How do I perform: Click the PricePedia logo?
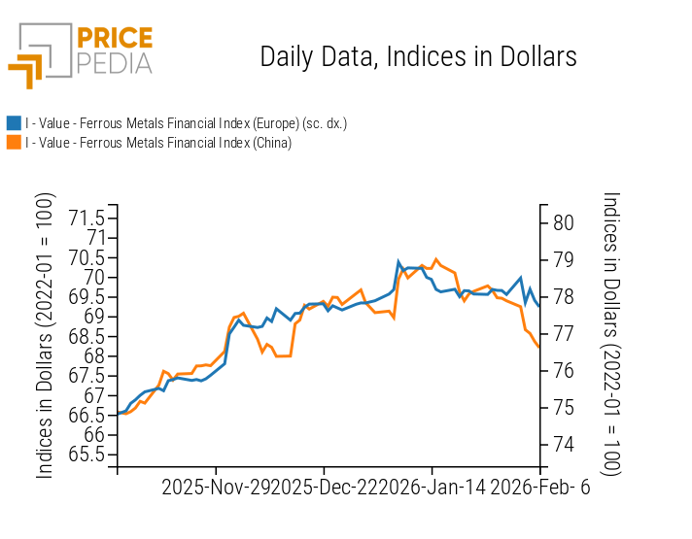click(x=81, y=54)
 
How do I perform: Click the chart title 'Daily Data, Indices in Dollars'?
click(x=418, y=56)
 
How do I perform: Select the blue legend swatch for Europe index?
click(x=14, y=123)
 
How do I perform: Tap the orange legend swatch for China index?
click(x=14, y=143)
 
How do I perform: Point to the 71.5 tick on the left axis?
click(x=87, y=217)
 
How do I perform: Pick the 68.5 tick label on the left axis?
click(x=87, y=336)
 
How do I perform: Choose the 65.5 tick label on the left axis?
click(x=87, y=455)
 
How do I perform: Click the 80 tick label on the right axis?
click(x=563, y=222)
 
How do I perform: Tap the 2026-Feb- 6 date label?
click(x=539, y=488)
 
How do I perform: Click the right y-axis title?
click(x=610, y=332)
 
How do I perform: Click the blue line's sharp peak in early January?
click(x=398, y=261)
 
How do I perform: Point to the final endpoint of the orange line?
click(x=538, y=347)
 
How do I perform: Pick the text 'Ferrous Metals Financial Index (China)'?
click(x=185, y=143)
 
